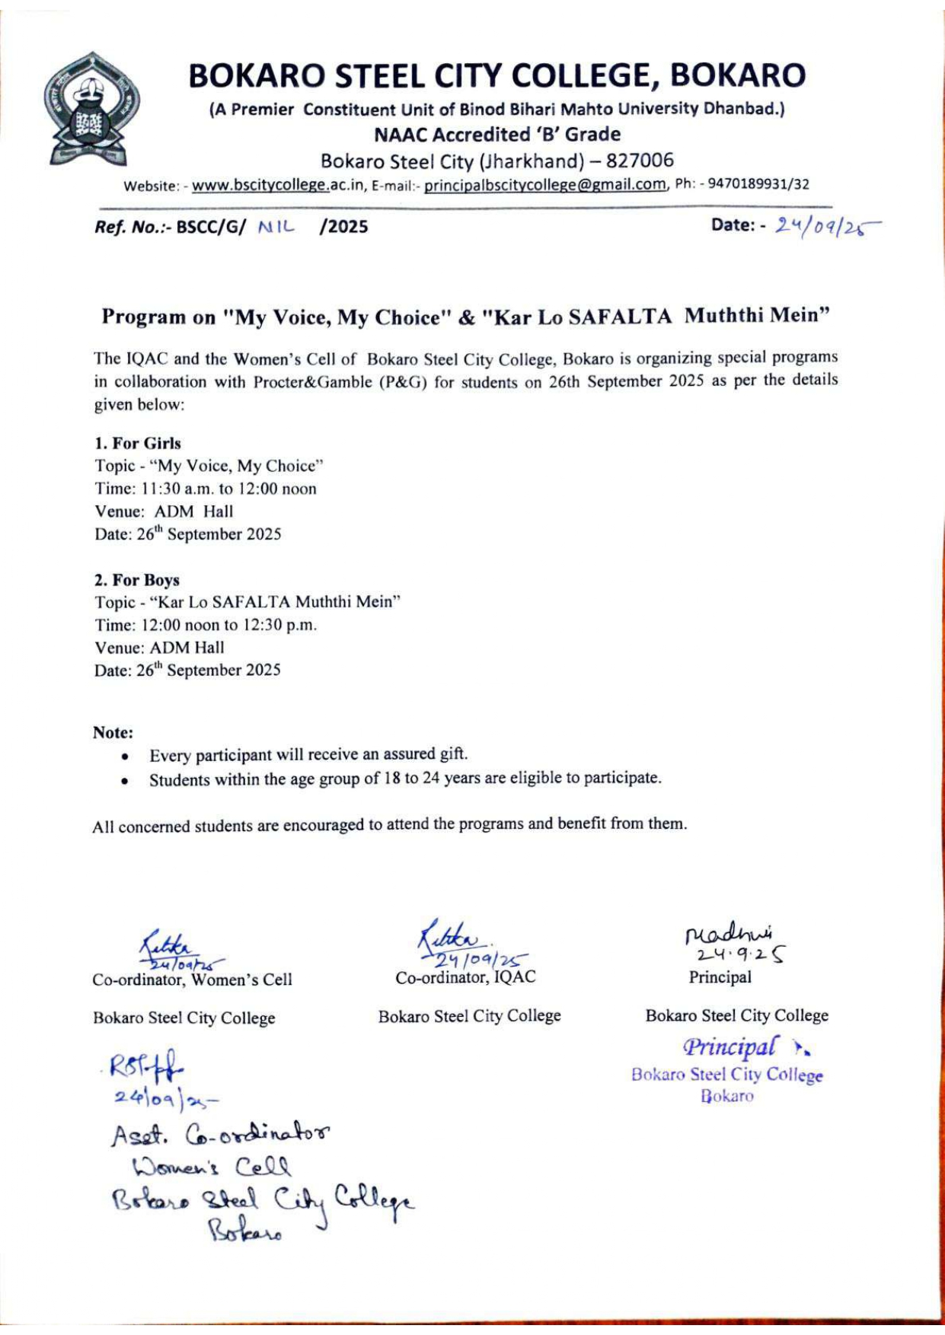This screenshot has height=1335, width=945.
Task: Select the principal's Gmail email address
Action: coord(545,185)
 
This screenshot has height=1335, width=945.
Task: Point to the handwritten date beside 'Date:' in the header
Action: coord(825,225)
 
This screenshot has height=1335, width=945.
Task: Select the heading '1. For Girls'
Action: coord(138,443)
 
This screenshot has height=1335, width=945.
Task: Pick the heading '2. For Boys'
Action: coord(137,580)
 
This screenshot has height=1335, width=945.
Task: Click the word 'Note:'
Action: coord(113,732)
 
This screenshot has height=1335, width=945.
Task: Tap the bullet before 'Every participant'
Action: coord(124,757)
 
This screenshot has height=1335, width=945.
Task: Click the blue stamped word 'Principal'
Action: coord(732,1047)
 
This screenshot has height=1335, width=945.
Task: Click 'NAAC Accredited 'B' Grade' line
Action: coord(497,135)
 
